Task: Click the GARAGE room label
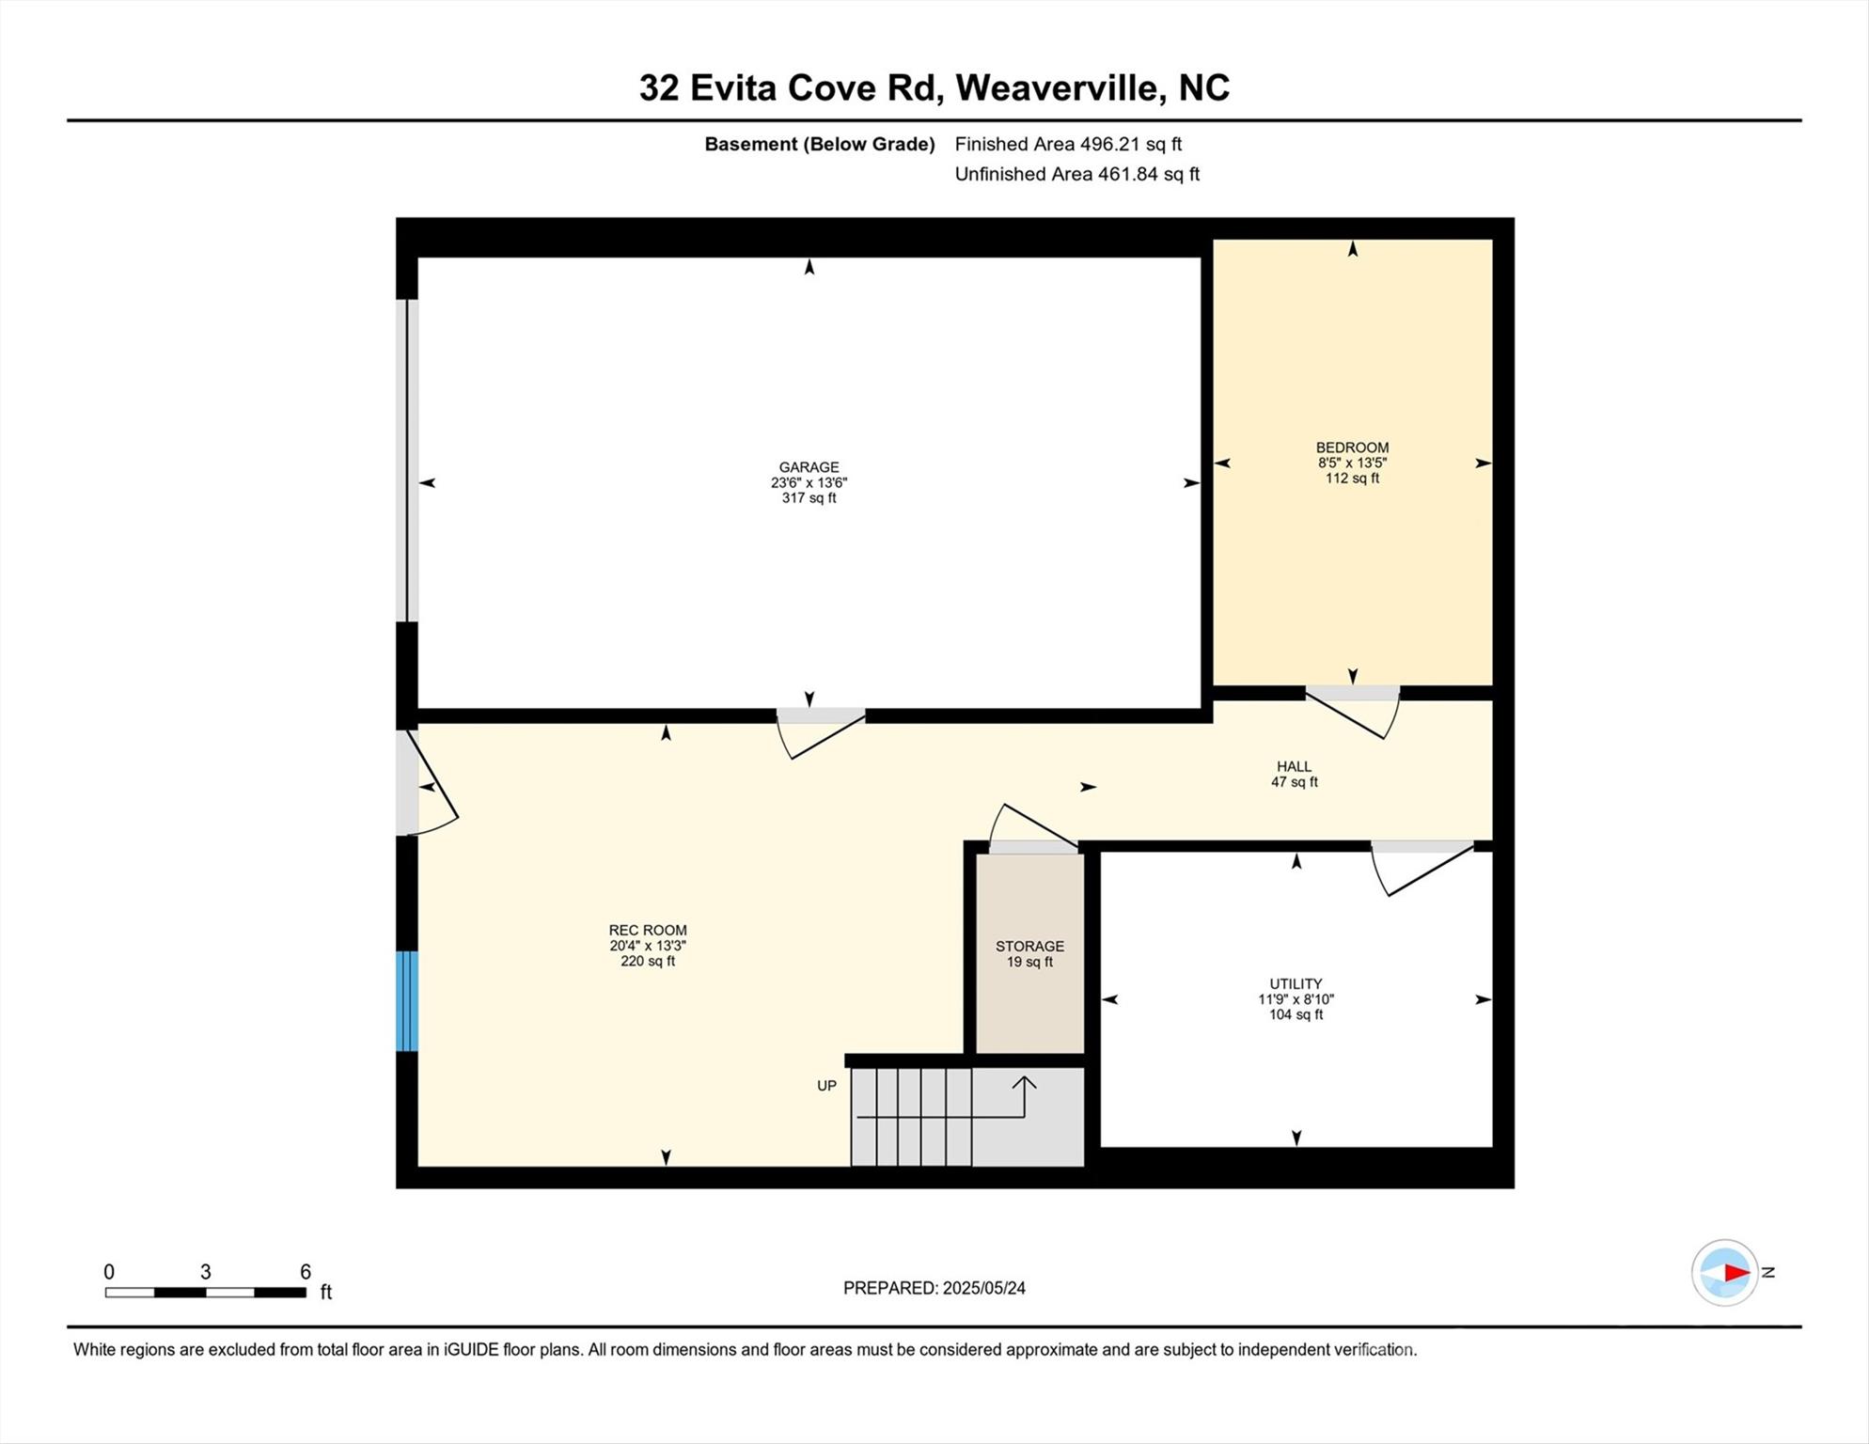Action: (x=809, y=467)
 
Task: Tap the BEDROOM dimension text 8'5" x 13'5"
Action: (x=1352, y=463)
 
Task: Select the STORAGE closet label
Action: (x=1029, y=947)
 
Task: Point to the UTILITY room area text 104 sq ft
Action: (x=1296, y=1015)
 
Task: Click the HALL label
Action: (x=1294, y=767)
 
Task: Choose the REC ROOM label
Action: (x=648, y=931)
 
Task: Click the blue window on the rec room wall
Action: (x=406, y=1001)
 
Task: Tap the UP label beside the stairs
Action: (x=826, y=1086)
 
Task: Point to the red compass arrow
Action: (x=1735, y=1273)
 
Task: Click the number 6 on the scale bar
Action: (x=306, y=1272)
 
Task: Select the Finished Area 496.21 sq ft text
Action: (x=1068, y=144)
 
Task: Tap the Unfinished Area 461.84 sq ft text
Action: (x=1076, y=174)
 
